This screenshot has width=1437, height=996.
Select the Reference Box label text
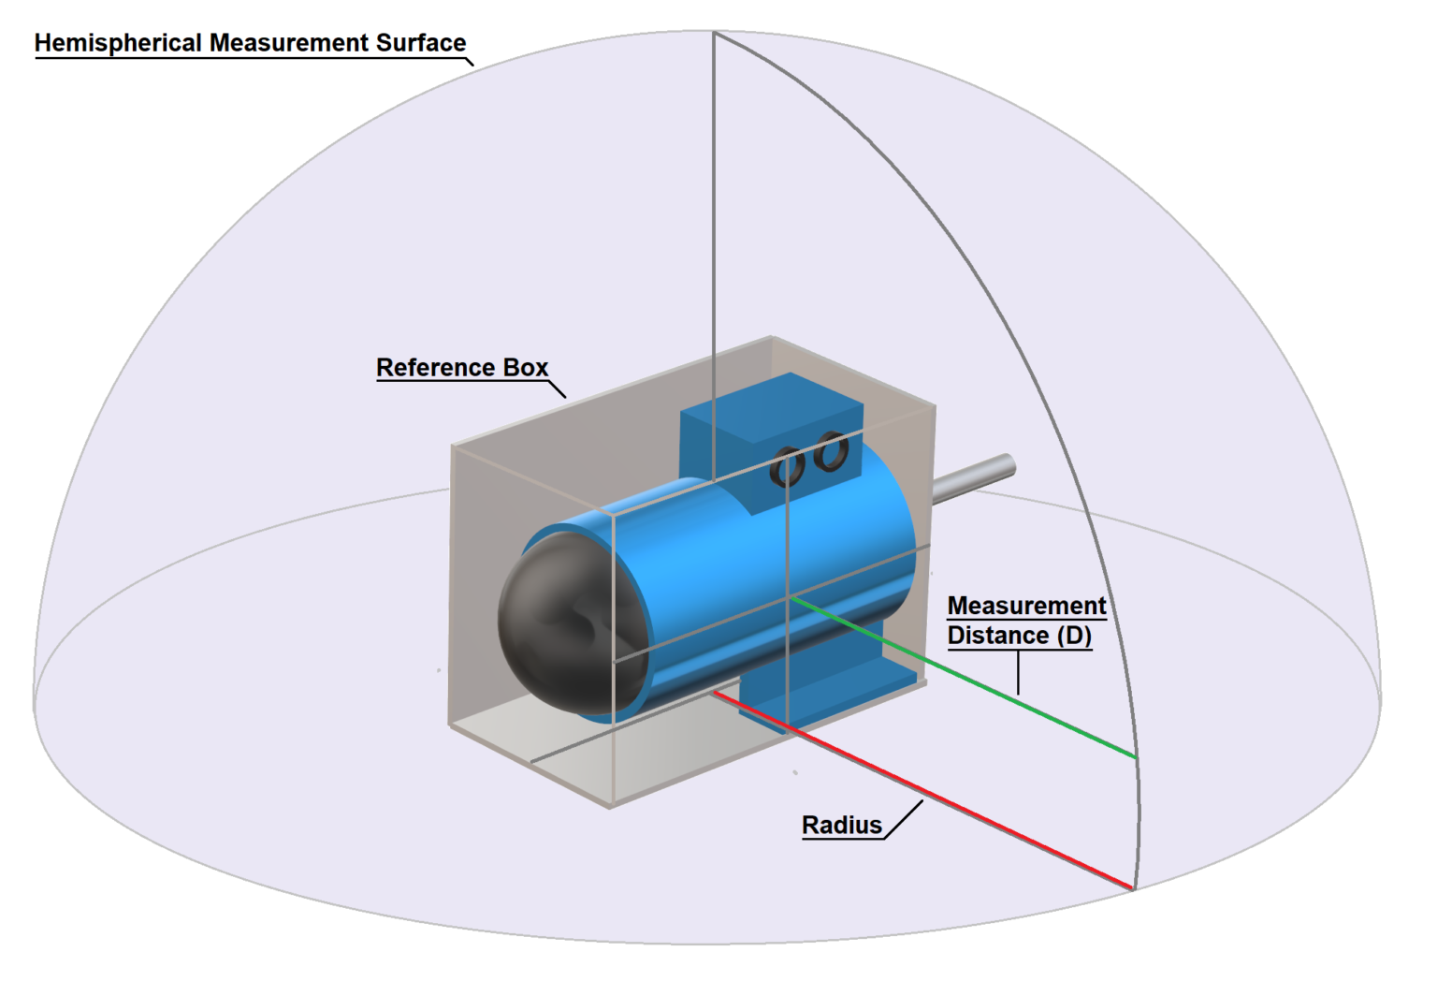coord(462,368)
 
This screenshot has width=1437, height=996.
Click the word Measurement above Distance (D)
coord(1026,606)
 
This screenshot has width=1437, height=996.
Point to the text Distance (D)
coord(1019,636)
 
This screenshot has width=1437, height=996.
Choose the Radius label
coord(842,826)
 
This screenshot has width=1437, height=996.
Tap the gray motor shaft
coord(973,476)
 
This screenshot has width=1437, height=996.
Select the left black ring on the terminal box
coord(787,466)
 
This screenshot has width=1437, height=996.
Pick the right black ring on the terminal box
coord(831,451)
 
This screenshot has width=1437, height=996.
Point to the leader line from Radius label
coord(904,819)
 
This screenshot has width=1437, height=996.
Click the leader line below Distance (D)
coord(1018,672)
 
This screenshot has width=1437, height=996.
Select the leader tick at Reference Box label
coord(557,388)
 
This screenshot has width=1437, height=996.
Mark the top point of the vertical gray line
coord(714,33)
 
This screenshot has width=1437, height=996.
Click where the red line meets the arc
coord(1134,888)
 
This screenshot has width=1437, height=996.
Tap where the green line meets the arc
coord(1137,757)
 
